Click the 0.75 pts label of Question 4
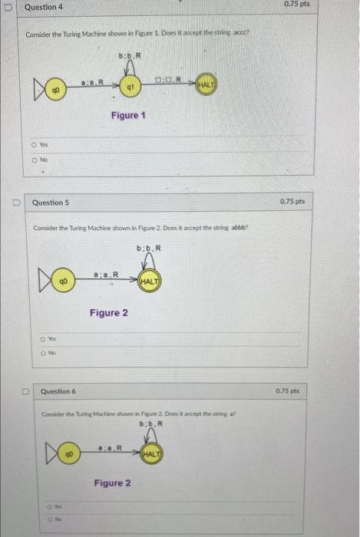coord(335,5)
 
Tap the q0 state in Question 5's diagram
coord(64,282)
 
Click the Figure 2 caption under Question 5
coord(109,312)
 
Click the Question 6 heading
coord(58,392)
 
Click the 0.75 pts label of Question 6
coord(334,391)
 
